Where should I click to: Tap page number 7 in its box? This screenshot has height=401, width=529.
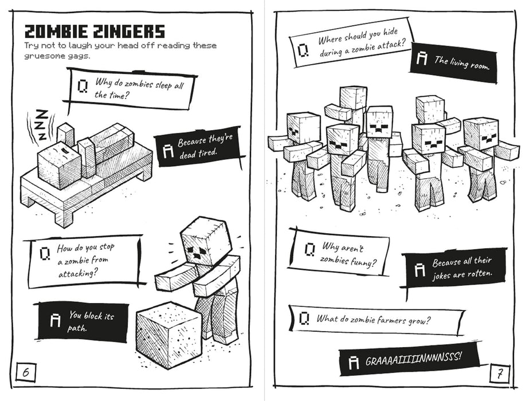(499, 375)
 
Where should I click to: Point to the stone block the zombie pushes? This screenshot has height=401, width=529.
(169, 335)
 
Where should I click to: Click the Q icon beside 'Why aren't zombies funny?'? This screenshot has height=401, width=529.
(309, 249)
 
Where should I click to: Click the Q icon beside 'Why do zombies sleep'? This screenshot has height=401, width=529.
(83, 86)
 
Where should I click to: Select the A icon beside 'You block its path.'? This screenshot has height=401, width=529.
(56, 320)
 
